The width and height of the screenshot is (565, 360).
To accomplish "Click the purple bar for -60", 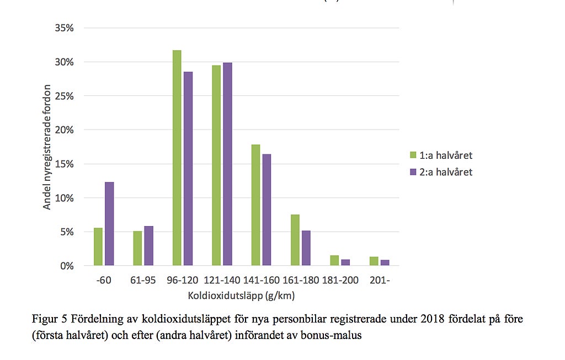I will tap(109, 224).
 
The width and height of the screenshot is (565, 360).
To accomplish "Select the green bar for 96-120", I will tap(177, 158).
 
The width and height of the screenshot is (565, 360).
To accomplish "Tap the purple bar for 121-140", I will tap(227, 164).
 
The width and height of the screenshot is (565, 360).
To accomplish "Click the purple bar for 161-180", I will tap(306, 248).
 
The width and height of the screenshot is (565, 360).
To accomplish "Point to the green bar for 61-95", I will tap(137, 249).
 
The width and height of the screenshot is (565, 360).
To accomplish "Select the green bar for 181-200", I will tap(335, 261).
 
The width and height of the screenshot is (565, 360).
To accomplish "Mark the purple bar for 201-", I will tap(385, 263).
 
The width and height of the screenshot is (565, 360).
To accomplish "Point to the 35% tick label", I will tap(64, 28).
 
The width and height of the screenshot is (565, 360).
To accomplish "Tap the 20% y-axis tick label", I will tap(64, 130).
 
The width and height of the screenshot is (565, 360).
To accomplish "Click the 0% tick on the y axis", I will tap(66, 266).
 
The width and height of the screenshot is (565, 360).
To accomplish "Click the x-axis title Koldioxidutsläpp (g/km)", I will tap(241, 296).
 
